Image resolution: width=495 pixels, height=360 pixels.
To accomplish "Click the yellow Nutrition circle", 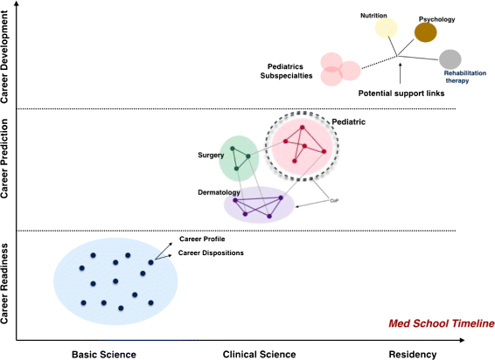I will coord(387,29).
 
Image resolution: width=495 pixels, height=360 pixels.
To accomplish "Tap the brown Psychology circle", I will coord(426,33).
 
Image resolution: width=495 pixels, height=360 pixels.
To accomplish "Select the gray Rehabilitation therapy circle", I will coord(450,59).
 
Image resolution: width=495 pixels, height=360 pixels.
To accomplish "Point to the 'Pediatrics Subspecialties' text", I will coord(294,70).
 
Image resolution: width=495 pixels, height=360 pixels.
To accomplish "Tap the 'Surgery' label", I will coord(211,155).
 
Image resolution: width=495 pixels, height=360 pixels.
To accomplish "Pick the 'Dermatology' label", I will coord(220,190).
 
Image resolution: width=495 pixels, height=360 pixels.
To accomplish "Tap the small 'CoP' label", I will coord(334,201).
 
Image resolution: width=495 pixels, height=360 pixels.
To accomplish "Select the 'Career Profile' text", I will coord(201,239).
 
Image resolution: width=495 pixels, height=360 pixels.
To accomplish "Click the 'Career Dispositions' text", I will coord(211,253).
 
